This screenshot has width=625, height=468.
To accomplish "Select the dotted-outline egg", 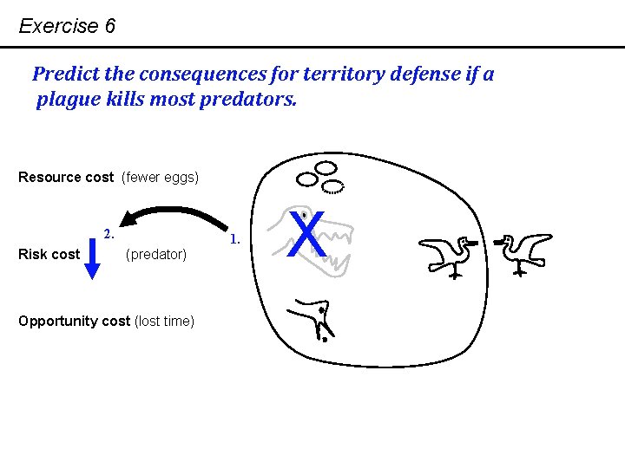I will point(333,185).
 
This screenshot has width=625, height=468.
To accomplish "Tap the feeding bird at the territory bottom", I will point(313,318).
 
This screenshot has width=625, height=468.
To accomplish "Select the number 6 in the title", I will point(109,26).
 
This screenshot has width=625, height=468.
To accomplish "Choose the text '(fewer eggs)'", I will point(161,178).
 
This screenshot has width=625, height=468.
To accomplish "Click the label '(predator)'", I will point(156,255).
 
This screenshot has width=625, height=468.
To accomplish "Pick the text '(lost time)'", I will point(164,322).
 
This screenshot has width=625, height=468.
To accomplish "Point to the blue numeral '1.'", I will point(235,236).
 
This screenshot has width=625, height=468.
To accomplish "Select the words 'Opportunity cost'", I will point(74,322).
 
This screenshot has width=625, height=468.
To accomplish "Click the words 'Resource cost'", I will point(66,178).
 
